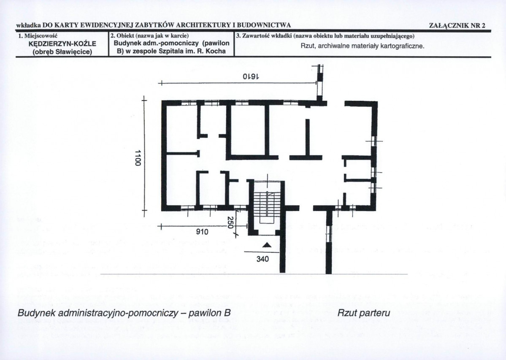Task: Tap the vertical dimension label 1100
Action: (138, 158)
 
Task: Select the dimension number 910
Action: (202, 232)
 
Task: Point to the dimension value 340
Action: (262, 259)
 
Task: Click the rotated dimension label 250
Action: (230, 222)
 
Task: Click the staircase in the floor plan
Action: (266, 203)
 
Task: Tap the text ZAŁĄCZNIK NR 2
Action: (457, 26)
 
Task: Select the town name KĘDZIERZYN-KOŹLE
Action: (62, 44)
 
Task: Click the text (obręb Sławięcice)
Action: (62, 51)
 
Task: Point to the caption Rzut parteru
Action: (364, 313)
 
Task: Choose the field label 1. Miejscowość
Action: (38, 35)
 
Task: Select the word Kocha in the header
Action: (216, 51)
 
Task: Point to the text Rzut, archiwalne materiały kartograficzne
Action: (363, 46)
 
